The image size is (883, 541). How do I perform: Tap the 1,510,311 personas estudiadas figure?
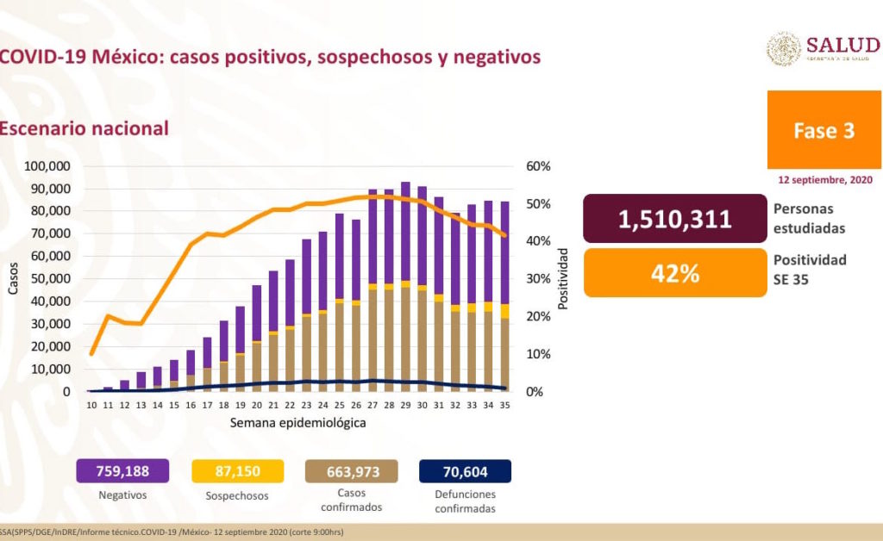[674, 219]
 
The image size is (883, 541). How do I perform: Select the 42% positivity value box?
[674, 273]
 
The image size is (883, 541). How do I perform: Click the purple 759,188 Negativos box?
[122, 471]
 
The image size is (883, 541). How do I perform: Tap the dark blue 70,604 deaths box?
[465, 471]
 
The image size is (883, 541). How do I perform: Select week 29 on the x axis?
[405, 406]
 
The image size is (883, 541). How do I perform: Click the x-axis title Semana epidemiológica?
[298, 424]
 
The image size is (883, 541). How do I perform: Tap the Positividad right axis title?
[563, 278]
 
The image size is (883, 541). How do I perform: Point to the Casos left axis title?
[13, 279]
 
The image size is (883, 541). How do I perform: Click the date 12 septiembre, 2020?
[824, 180]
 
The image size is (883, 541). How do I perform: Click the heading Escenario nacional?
[85, 127]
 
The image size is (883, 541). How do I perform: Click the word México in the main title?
[128, 57]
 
